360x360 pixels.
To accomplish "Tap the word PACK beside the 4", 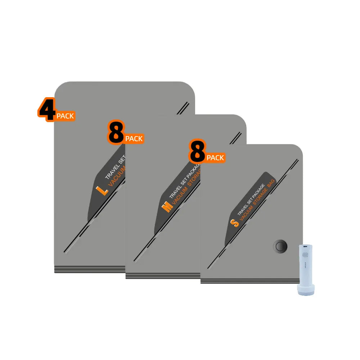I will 65,116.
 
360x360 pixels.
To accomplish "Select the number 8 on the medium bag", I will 116,132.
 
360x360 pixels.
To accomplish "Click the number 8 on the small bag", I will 197,152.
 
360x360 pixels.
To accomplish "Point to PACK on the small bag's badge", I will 215,158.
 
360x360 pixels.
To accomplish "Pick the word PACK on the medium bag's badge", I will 134,139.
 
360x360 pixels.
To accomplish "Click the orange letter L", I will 102,190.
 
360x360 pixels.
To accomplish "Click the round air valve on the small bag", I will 280,247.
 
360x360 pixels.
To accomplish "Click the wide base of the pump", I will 306,289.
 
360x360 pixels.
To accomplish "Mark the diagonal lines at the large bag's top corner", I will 183,108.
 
